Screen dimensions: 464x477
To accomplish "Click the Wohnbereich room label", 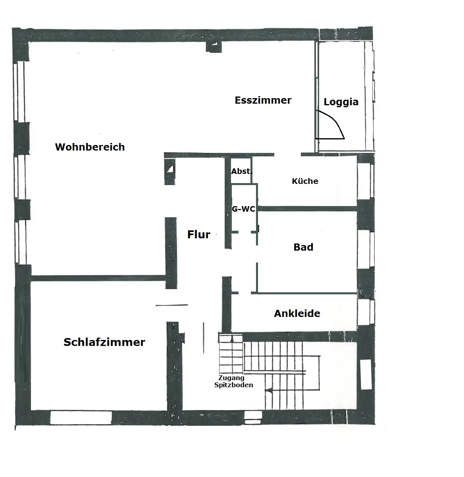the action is [x=90, y=147].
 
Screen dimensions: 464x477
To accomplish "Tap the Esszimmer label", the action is [x=263, y=100].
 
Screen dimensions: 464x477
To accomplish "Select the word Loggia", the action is [x=341, y=102].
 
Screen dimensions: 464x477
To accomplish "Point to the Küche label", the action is [x=305, y=181].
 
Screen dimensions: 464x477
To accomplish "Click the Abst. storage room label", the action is [x=242, y=171].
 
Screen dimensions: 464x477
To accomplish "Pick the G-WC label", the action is [x=244, y=209].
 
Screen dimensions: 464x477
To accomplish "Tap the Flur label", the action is [x=199, y=234].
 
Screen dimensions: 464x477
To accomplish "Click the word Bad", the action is [x=303, y=247].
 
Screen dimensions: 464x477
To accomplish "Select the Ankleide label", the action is [x=297, y=313].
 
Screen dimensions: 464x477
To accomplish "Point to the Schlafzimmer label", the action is [x=104, y=342].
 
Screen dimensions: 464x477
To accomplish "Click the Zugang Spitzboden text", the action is [x=233, y=381].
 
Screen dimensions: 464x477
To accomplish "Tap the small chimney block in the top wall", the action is [x=214, y=46].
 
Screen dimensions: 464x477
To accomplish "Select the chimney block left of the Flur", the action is [x=170, y=172].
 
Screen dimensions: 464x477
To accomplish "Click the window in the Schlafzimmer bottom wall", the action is [x=81, y=417].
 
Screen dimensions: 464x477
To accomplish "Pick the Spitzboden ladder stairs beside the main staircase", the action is [x=231, y=353].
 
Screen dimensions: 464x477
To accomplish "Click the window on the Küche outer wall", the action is [x=366, y=181].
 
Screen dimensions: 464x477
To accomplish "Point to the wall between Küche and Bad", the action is [x=308, y=209].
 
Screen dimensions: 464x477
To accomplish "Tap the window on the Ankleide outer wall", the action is [x=366, y=312].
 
